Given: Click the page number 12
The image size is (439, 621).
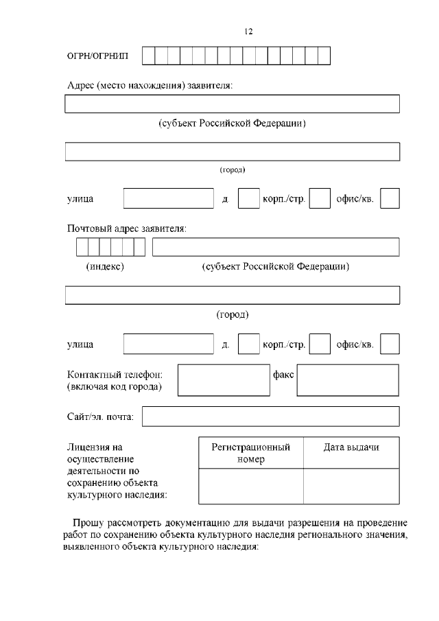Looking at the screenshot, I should (x=249, y=32).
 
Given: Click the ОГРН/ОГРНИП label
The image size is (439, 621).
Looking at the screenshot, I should (x=97, y=56).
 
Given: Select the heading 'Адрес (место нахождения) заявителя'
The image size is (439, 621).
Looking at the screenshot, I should (x=150, y=86).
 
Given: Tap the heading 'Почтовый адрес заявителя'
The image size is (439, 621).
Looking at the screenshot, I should (x=127, y=229).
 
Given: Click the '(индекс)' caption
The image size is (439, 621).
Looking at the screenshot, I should (x=105, y=267).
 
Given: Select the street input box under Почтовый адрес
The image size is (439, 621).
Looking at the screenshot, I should (x=169, y=344).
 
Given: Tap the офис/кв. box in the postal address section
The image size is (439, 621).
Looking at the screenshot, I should (x=390, y=344).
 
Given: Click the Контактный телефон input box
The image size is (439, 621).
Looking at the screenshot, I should (x=222, y=379).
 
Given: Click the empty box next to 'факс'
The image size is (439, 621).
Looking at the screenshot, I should (x=348, y=379).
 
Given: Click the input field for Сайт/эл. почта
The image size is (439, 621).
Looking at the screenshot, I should (x=270, y=416).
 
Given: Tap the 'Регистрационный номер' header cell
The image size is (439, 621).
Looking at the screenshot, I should (x=250, y=453).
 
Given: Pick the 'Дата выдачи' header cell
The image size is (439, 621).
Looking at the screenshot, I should (x=351, y=447).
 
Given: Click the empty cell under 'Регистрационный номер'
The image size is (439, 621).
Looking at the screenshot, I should (x=250, y=487).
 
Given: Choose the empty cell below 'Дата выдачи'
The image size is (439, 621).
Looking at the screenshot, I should (x=351, y=487).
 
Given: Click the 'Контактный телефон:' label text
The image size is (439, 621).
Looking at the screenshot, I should (x=115, y=375).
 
